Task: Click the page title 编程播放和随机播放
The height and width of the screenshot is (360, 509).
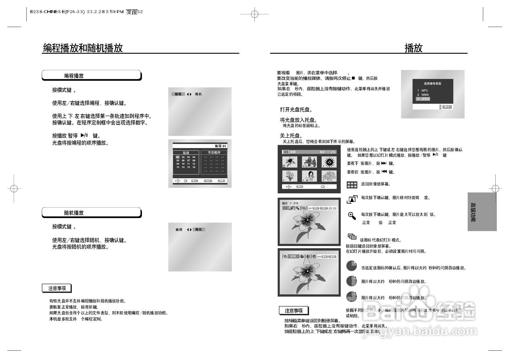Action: coord(83,48)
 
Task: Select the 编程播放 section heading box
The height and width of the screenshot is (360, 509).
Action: coord(91,75)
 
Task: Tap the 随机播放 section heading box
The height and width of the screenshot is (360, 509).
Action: coord(91,213)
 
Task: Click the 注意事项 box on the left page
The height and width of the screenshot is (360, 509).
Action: coord(57,288)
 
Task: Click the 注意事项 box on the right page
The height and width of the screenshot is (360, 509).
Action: coord(294,311)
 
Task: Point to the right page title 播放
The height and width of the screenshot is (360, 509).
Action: coord(414,48)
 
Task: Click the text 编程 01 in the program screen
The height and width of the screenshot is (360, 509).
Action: coord(220,146)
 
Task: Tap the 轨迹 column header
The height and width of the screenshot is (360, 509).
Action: coord(186,153)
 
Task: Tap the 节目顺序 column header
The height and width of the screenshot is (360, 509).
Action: coord(214,152)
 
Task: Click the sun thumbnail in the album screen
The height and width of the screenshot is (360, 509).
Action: coord(329,162)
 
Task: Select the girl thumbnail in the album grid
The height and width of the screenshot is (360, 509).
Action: coord(309,176)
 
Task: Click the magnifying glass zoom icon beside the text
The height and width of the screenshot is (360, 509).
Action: coord(352,216)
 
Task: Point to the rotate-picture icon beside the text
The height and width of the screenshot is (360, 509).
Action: coord(352,199)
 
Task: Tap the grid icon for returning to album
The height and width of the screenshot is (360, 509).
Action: coord(352,185)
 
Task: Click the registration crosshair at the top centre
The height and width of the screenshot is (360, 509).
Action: coord(255,14)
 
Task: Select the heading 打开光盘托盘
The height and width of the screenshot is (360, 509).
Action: coord(296,109)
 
